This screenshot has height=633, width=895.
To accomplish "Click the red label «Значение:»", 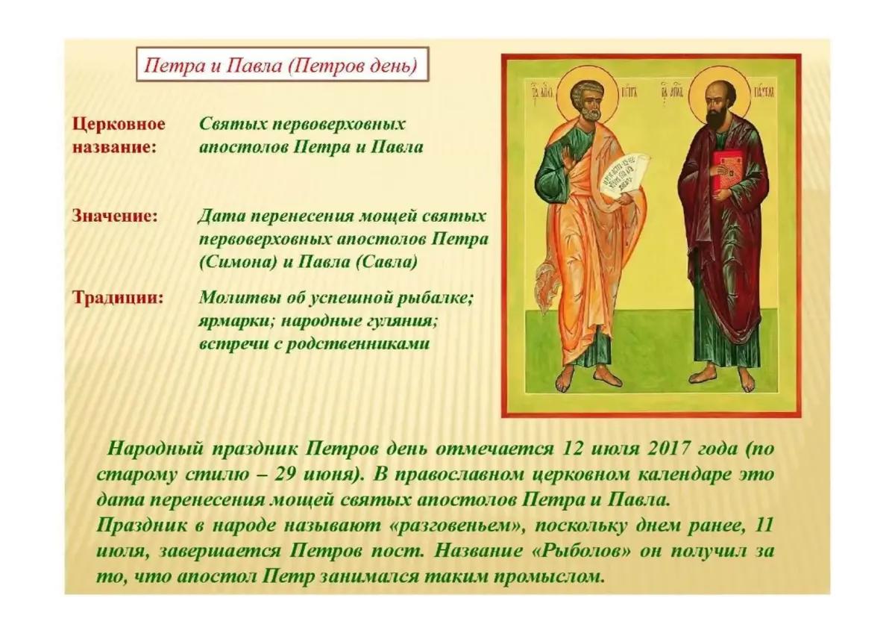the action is tap(115, 216).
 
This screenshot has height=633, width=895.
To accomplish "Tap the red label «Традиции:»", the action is tap(118, 298).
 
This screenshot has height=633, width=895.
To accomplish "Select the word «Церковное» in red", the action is tap(119, 125).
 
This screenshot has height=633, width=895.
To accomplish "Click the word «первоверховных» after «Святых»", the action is tap(339, 125).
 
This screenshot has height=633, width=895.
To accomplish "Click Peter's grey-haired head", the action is tap(586, 99).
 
